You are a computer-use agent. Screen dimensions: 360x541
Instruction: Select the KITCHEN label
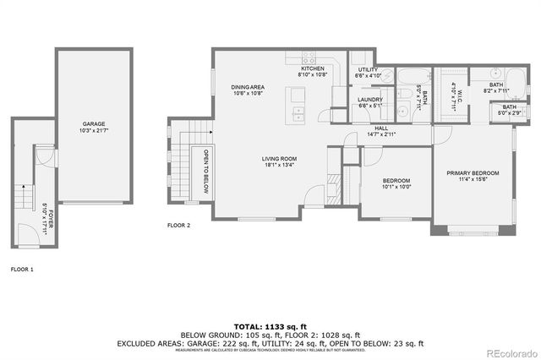[x=312, y=69]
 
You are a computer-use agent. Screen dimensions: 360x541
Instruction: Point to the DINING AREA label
[x=249, y=87]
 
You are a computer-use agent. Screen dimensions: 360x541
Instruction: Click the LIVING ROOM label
[x=278, y=158]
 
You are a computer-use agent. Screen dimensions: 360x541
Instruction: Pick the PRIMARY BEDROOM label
[x=473, y=173]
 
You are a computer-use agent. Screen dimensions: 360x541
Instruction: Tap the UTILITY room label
[x=367, y=69]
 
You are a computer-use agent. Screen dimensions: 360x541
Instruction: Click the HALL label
[x=382, y=128]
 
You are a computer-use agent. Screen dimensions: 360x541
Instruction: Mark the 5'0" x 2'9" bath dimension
[x=509, y=112]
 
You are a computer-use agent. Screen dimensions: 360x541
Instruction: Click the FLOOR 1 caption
[x=21, y=269]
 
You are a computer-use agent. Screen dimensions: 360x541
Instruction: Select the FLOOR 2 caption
[x=178, y=226]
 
